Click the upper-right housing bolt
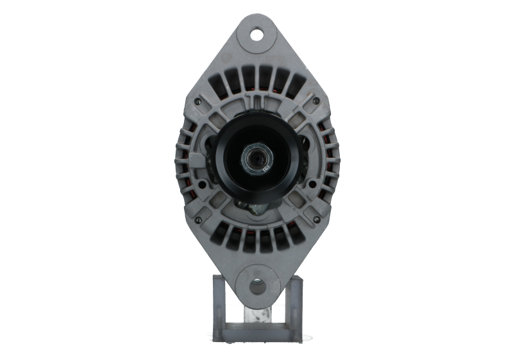click(x=315, y=101)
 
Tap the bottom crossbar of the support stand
click(x=256, y=333)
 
